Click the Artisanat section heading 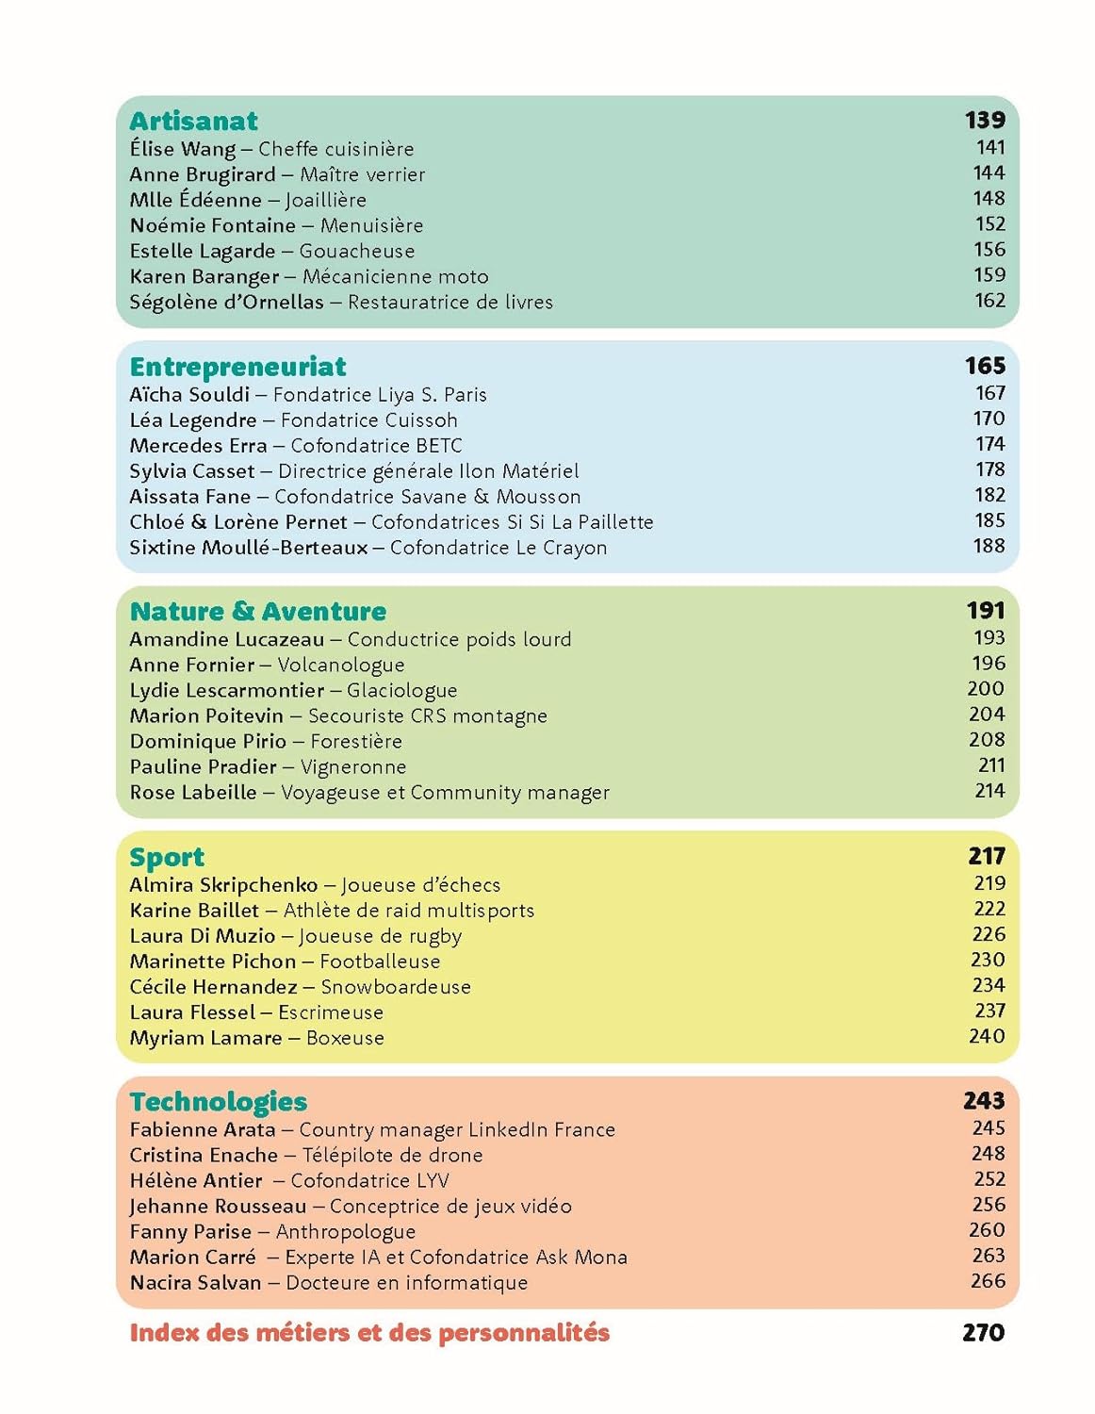(x=193, y=121)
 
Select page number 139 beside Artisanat (x=985, y=121)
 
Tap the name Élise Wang (x=183, y=149)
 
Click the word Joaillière (x=326, y=200)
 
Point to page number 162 (x=989, y=301)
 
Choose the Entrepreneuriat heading (x=237, y=367)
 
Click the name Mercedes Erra (x=198, y=446)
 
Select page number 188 (x=989, y=546)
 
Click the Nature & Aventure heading (x=257, y=612)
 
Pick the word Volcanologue (x=341, y=666)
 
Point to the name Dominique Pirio (x=207, y=742)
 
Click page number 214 (x=989, y=791)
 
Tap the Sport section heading (x=167, y=857)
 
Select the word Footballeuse (x=380, y=962)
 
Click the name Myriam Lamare (x=205, y=1038)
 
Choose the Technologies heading (x=219, y=1102)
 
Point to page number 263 (x=989, y=1256)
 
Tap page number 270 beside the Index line (x=984, y=1333)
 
